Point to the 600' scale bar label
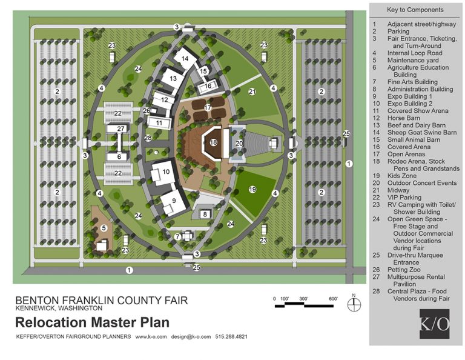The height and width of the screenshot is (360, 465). pos(332,299)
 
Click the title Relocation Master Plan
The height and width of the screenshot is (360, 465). pos(91,322)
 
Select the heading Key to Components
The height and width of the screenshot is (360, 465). pos(415,10)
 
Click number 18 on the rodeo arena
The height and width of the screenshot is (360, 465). pos(213,142)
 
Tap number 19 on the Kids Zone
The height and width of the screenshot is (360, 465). pos(252,190)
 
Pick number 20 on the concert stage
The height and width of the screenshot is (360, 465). pos(239,143)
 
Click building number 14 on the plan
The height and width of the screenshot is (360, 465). pos(185,58)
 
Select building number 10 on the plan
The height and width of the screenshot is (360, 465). pos(165,172)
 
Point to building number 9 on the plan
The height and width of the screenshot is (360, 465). pos(174,201)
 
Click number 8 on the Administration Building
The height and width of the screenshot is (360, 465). pos(206,214)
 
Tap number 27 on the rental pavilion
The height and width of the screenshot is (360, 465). pos(121,128)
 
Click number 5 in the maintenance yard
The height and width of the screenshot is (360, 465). pos(104,228)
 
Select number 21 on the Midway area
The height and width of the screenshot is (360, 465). pos(252,92)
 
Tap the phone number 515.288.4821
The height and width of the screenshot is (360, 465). pos(231,336)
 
